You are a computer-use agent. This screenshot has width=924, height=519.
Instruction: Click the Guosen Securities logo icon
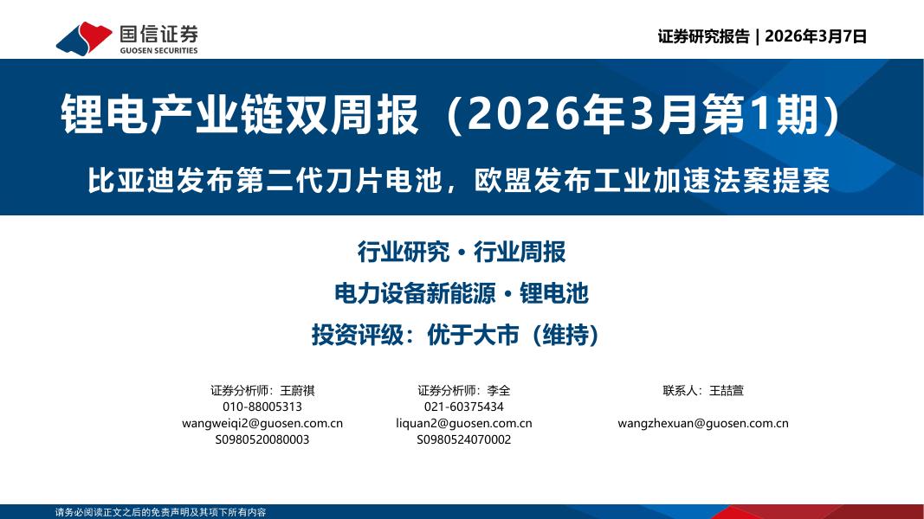click(x=83, y=38)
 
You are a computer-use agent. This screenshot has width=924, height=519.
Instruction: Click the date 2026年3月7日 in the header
click(x=817, y=36)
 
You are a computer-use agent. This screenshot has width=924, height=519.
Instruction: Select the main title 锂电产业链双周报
click(x=240, y=115)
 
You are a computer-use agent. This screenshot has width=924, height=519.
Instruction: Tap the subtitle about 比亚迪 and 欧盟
click(x=458, y=180)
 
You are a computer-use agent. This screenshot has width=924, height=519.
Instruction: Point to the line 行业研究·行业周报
click(x=461, y=252)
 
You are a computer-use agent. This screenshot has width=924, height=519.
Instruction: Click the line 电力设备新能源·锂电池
click(x=461, y=293)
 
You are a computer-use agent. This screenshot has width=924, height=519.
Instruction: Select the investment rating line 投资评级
click(x=456, y=335)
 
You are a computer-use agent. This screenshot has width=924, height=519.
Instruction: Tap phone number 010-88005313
click(x=262, y=407)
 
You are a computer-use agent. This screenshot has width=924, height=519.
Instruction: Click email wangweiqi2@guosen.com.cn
click(x=262, y=423)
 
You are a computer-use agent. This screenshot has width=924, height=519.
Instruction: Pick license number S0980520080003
click(x=262, y=439)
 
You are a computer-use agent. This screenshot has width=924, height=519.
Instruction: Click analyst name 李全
click(x=499, y=390)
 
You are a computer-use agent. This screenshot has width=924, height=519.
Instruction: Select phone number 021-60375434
click(x=464, y=407)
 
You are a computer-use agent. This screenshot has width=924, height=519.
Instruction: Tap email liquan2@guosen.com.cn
click(x=464, y=423)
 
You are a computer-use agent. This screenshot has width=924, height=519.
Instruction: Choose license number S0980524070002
click(x=464, y=439)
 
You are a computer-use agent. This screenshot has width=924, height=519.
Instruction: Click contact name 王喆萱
click(x=726, y=390)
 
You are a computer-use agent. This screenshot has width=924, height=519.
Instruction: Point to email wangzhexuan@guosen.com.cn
click(x=703, y=423)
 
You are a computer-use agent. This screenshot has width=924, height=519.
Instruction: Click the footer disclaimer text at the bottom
click(x=160, y=512)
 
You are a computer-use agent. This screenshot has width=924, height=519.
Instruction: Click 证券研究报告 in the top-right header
click(x=703, y=36)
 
